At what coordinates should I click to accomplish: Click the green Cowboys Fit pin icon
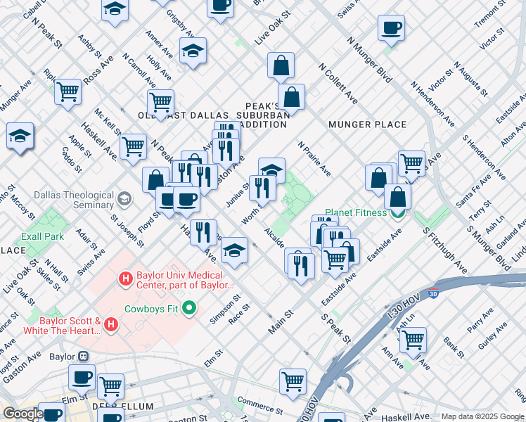[x=188, y=307]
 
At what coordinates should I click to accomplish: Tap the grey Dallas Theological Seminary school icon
[x=125, y=200]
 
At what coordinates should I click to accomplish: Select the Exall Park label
[x=43, y=236]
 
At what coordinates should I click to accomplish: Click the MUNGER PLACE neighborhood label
[x=367, y=124]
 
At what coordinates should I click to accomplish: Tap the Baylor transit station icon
[x=83, y=357]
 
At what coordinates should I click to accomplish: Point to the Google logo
[x=23, y=414]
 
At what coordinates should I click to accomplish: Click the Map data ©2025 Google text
[x=482, y=416]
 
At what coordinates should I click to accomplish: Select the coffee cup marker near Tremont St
[x=391, y=28]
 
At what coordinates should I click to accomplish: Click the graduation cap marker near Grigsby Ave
[x=193, y=51]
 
